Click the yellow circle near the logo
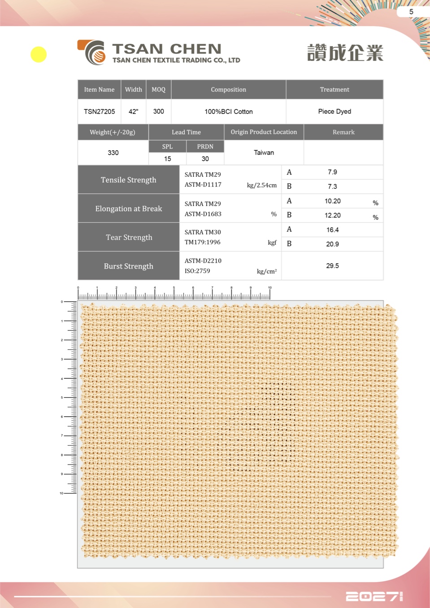(39, 55)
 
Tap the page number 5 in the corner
(411, 12)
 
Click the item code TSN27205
(99, 112)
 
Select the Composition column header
(228, 90)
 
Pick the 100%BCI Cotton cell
(228, 112)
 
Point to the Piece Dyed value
(334, 112)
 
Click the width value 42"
(133, 112)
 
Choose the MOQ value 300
(158, 112)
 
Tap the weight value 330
(113, 153)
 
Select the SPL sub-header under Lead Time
(167, 147)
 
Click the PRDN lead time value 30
(205, 159)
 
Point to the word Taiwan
(264, 153)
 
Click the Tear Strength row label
(129, 237)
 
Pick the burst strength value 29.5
(332, 266)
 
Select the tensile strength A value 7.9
(332, 172)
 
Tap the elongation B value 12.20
(332, 215)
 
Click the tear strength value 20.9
(332, 244)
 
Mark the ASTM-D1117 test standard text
(203, 185)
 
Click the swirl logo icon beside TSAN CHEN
(93, 52)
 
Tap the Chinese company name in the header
(345, 53)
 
